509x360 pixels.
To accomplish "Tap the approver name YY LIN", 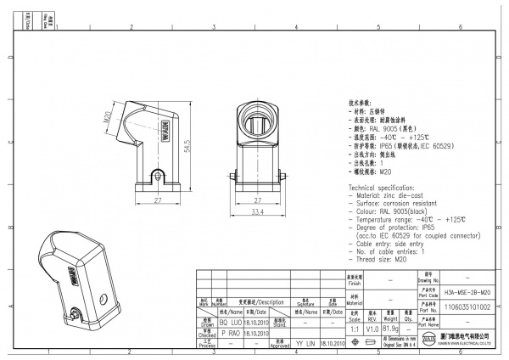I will [304, 345].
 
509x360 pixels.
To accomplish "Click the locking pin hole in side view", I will [157, 176].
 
